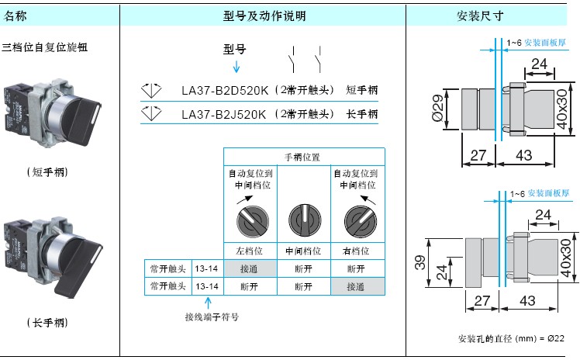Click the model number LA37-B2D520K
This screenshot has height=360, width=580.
coord(225,90)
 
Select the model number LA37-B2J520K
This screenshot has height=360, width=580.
coord(224,114)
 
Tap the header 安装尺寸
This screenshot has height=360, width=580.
coord(480,16)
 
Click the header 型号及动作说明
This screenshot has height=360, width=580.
coord(264,16)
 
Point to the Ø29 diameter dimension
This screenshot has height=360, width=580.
coord(437,108)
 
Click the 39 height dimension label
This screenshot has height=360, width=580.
coord(419,262)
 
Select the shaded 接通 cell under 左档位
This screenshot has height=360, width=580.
coord(250,268)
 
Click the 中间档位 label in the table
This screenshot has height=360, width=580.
coord(303,251)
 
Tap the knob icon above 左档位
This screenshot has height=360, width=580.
coord(253,221)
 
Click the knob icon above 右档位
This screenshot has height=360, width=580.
coord(361,222)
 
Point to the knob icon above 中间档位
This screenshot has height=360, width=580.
coord(305,221)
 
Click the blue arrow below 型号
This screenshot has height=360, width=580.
coord(236,66)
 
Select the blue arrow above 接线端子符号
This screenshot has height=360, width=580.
coord(208,303)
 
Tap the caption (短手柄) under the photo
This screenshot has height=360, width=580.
coord(47,172)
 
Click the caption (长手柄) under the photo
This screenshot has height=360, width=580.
coord(47,323)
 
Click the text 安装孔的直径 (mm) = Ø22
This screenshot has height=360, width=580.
coord(511,338)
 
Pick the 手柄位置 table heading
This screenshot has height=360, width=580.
coord(302,157)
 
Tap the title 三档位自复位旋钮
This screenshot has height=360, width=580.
coord(45,47)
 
